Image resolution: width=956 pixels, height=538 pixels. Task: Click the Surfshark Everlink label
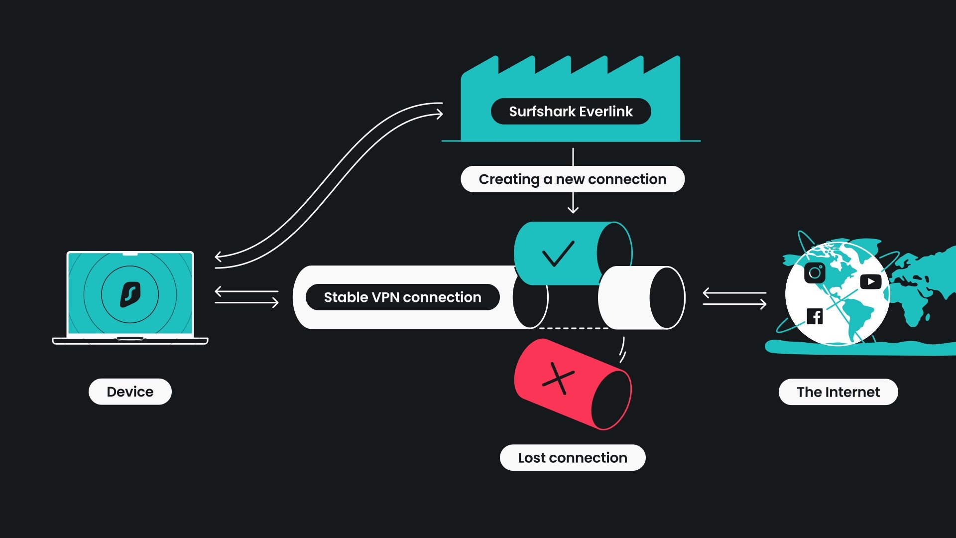pyautogui.click(x=571, y=111)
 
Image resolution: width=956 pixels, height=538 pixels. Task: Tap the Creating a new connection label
pyautogui.click(x=573, y=179)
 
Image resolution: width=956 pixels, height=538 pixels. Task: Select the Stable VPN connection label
pyautogui.click(x=402, y=297)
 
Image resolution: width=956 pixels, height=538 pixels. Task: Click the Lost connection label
pyautogui.click(x=573, y=457)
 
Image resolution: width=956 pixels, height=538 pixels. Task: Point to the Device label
pyautogui.click(x=130, y=392)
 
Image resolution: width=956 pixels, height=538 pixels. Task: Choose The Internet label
pyautogui.click(x=838, y=392)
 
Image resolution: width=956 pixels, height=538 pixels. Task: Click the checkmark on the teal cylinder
pyautogui.click(x=558, y=254)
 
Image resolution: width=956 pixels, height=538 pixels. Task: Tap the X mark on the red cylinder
pyautogui.click(x=558, y=379)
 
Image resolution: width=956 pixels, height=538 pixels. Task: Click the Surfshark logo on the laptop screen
pyautogui.click(x=130, y=294)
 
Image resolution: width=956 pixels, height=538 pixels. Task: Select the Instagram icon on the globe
pyautogui.click(x=815, y=272)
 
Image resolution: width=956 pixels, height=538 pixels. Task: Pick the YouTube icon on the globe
pyautogui.click(x=870, y=281)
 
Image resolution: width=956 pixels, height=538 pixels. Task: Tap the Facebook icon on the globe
pyautogui.click(x=815, y=316)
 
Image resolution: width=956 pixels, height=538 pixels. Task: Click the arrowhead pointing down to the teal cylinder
pyautogui.click(x=573, y=209)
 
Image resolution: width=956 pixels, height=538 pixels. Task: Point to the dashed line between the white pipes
pyautogui.click(x=574, y=328)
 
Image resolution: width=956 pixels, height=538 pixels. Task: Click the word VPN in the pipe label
pyautogui.click(x=385, y=297)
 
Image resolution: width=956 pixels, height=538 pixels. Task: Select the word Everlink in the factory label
pyautogui.click(x=605, y=111)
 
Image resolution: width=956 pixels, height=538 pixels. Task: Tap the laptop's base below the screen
pyautogui.click(x=130, y=341)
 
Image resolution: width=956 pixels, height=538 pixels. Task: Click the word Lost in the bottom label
pyautogui.click(x=532, y=457)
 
